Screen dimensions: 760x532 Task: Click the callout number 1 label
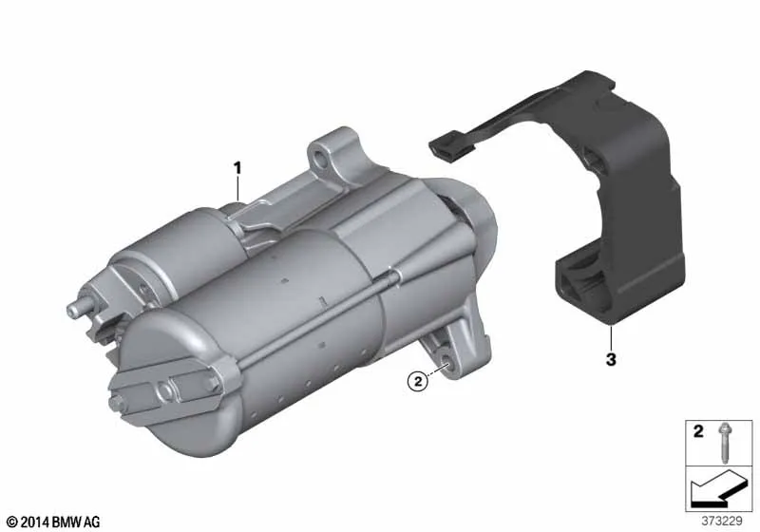(237, 168)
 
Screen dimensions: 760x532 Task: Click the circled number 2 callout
(418, 381)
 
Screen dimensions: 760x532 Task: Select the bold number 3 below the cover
(611, 359)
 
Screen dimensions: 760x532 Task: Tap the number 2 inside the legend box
(698, 431)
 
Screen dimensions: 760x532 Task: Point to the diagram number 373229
(722, 522)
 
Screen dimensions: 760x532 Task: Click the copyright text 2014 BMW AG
(54, 522)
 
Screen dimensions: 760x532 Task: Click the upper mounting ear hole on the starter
(318, 158)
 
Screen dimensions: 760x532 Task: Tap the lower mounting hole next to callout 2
(445, 359)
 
